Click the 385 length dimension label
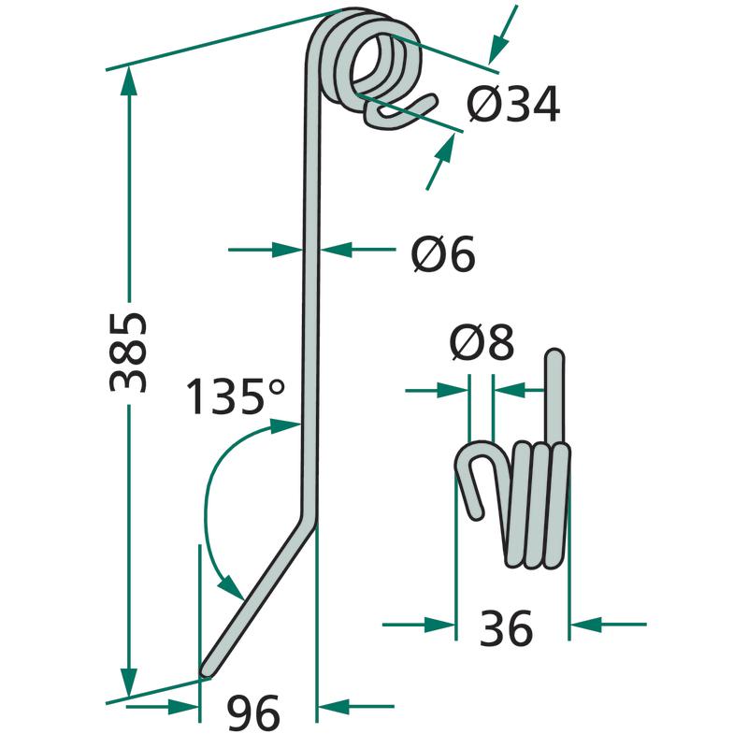128,352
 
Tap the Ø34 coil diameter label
513,104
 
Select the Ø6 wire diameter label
443,253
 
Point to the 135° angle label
235,396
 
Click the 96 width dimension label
252,712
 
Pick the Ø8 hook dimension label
482,342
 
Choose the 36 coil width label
506,628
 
